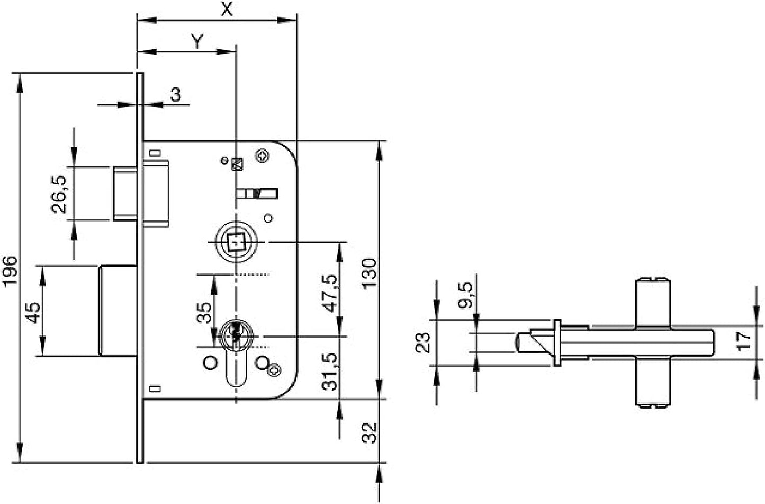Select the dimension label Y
(x=197, y=42)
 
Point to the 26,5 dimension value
(x=60, y=194)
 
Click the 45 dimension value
(x=33, y=312)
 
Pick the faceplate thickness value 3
(x=176, y=95)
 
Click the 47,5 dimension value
(x=331, y=293)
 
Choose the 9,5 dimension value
(x=465, y=297)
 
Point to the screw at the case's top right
(x=263, y=155)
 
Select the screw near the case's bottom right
(x=275, y=370)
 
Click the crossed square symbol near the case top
(x=237, y=165)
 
